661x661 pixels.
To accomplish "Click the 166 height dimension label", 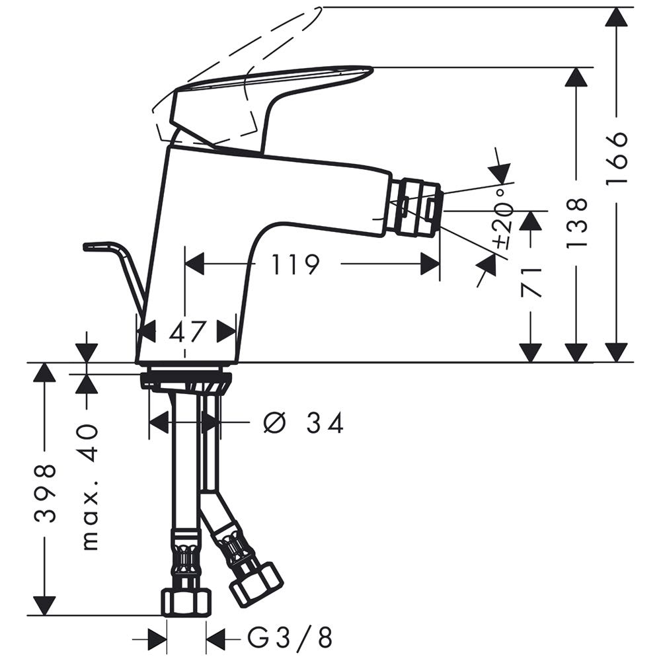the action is click(617, 157).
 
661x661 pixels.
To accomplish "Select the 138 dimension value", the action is click(576, 223).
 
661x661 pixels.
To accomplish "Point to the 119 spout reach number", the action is click(294, 264).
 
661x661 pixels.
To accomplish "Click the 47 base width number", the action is click(187, 331).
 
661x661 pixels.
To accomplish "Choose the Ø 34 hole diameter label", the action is click(303, 423).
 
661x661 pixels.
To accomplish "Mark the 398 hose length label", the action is click(45, 493).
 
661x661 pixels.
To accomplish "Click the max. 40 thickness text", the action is click(89, 487).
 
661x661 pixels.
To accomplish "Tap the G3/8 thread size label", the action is click(290, 638).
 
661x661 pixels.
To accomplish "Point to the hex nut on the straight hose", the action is click(186, 603).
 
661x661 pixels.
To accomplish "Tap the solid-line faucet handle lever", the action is click(270, 108).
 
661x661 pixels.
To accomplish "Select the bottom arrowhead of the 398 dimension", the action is click(45, 605).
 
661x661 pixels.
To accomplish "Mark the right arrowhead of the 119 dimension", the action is click(430, 264).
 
